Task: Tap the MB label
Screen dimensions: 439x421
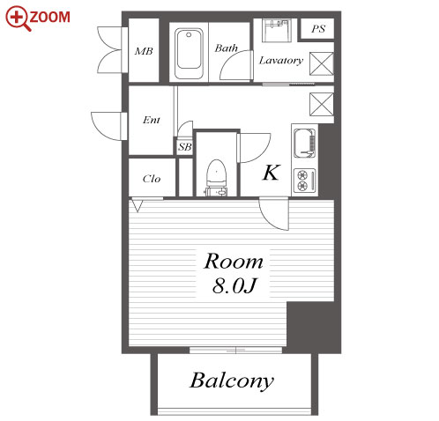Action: click(x=144, y=51)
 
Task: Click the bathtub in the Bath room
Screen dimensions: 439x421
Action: click(x=189, y=53)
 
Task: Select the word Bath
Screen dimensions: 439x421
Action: click(x=226, y=48)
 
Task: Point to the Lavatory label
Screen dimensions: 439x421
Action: click(x=281, y=61)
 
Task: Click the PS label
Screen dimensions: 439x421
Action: click(x=318, y=29)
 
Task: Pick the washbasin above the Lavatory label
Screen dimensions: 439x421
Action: click(x=277, y=31)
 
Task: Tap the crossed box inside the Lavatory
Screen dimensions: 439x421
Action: click(x=322, y=63)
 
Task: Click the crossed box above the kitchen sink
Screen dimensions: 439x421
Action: click(x=322, y=105)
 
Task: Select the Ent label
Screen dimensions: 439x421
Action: click(x=152, y=120)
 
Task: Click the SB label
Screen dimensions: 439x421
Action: click(x=185, y=147)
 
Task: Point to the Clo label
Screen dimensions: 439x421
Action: click(x=152, y=179)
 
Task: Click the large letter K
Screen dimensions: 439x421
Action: click(x=272, y=173)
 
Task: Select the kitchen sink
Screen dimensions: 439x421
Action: click(x=305, y=144)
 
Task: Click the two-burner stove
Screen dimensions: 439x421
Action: click(x=305, y=181)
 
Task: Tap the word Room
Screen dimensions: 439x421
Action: click(x=234, y=262)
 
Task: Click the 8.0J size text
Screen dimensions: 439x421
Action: click(x=234, y=285)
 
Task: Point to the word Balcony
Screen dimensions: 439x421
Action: click(x=232, y=380)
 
